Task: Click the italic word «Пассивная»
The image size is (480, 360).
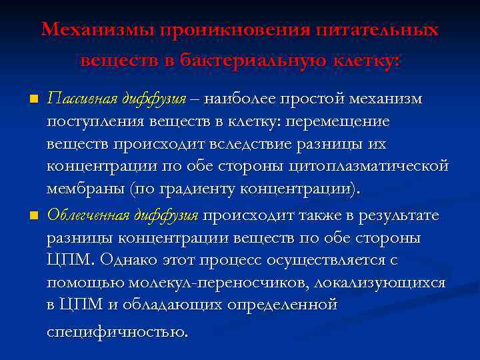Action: [x=82, y=99]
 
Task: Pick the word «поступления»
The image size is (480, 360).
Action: [x=89, y=122]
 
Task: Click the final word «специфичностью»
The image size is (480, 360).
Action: [x=117, y=331]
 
